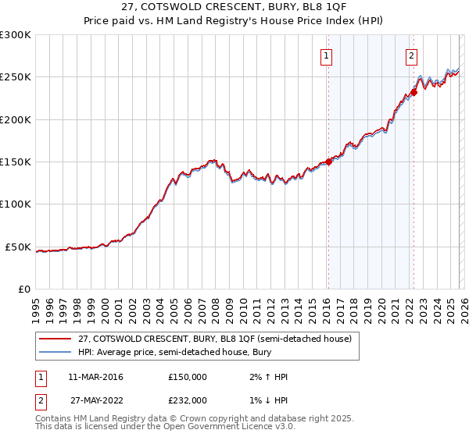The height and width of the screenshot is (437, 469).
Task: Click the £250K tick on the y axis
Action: (16, 77)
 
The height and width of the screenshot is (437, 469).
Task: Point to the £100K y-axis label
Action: (16, 204)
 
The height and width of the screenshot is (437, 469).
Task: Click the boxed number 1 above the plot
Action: (326, 55)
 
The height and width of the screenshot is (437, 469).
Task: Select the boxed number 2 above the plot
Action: (411, 55)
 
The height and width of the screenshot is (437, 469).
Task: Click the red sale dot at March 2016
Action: (328, 162)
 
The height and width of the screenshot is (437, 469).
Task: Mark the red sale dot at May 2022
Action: (414, 92)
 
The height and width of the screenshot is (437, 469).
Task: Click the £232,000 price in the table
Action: (188, 400)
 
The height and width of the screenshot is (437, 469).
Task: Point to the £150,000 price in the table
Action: (188, 377)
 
